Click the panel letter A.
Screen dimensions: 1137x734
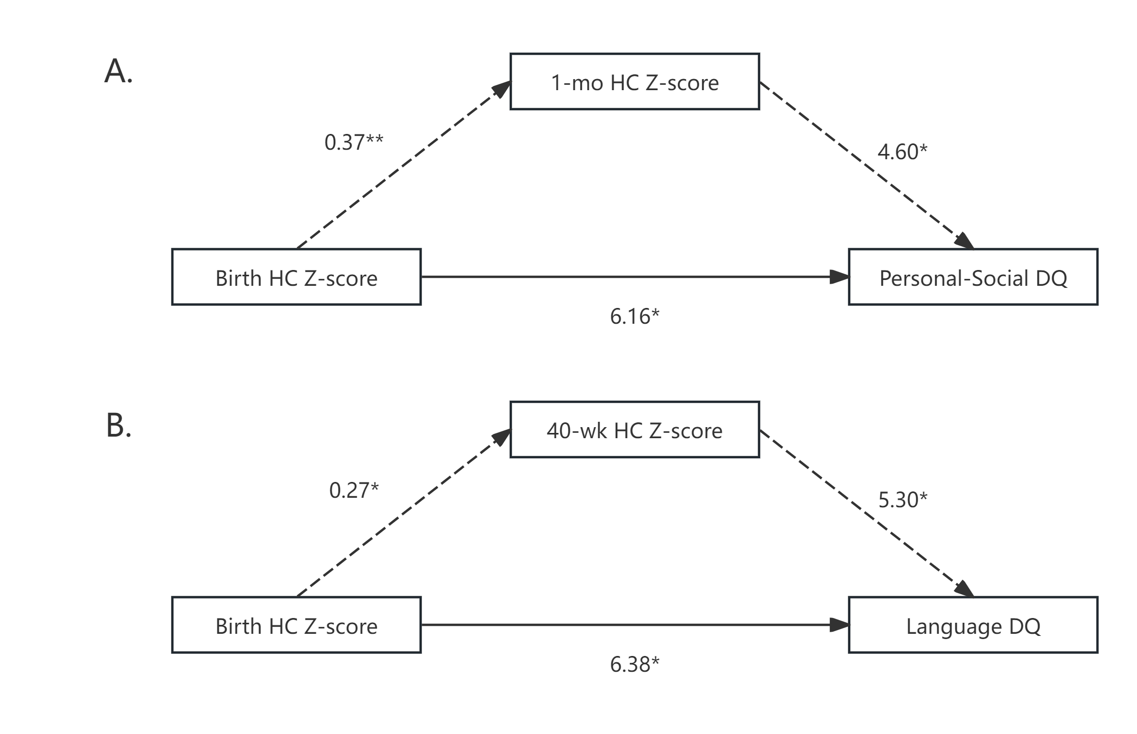[x=118, y=71]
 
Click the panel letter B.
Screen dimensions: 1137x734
[x=118, y=425]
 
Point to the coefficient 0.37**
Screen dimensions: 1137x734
[x=354, y=142]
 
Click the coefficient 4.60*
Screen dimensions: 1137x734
[x=902, y=152]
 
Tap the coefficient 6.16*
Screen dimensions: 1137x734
[x=635, y=316]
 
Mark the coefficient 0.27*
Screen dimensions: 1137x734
[x=354, y=490]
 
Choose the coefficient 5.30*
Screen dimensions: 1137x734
[x=902, y=500]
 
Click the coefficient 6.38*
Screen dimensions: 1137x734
[x=635, y=664]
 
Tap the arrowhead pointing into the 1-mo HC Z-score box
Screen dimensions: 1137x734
[x=501, y=89]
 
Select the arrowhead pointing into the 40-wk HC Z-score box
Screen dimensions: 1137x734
[x=501, y=437]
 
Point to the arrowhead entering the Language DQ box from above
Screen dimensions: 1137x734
[x=964, y=588]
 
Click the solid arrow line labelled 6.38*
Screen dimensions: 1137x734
[x=635, y=625]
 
